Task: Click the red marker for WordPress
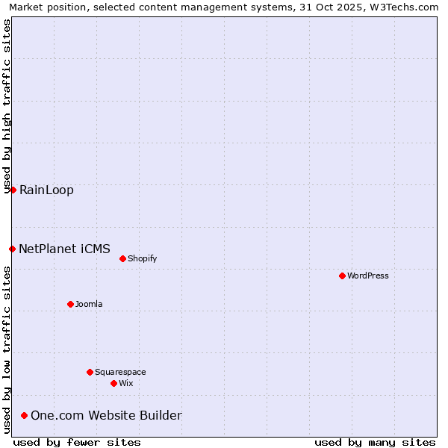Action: pos(342,276)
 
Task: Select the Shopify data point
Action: pos(122,258)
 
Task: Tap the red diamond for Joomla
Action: pos(70,304)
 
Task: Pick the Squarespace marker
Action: pos(90,372)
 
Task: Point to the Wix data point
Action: pos(113,383)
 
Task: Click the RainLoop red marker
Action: pos(13,190)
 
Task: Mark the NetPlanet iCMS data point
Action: pos(12,249)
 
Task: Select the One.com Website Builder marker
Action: pos(24,415)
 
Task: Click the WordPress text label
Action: pos(368,276)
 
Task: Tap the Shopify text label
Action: pos(142,258)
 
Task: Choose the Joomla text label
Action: pos(89,304)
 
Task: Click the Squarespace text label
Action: pos(120,372)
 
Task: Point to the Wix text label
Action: pos(126,383)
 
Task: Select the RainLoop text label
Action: pos(46,190)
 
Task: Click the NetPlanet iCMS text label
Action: pos(64,249)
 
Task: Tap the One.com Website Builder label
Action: pos(106,415)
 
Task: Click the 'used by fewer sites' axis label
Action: pos(77,442)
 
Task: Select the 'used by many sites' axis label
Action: pos(375,442)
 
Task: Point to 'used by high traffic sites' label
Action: pos(7,106)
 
